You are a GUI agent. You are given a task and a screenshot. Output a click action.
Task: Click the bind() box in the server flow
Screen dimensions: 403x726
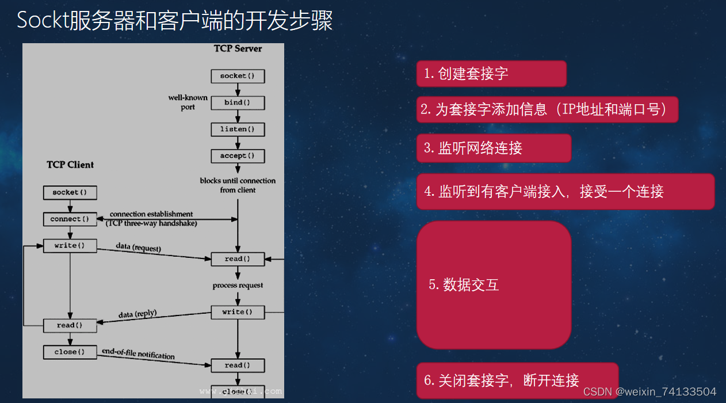(x=238, y=103)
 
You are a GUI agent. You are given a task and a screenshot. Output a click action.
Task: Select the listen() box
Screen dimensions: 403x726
(x=238, y=130)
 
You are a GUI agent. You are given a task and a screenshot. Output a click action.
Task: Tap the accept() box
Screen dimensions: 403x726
(x=238, y=156)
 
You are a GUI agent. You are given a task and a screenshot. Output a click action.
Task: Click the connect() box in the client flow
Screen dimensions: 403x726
(x=70, y=219)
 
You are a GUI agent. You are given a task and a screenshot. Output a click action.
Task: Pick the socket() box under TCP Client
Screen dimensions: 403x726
(x=70, y=192)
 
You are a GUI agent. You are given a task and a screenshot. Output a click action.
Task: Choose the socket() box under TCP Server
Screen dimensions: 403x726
(x=238, y=76)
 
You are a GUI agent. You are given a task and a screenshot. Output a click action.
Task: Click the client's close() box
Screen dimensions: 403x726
(x=70, y=352)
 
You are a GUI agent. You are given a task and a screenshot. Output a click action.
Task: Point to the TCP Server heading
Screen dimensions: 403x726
(x=238, y=49)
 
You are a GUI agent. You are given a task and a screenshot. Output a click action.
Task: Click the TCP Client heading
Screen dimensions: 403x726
(x=70, y=165)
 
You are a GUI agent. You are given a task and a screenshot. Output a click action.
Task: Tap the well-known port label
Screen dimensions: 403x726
(x=188, y=102)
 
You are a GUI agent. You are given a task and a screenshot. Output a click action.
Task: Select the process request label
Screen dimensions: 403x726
(x=238, y=286)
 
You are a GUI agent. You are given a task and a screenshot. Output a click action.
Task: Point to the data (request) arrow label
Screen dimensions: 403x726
(x=138, y=248)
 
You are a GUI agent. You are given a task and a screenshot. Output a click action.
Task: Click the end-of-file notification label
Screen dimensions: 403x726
(x=138, y=353)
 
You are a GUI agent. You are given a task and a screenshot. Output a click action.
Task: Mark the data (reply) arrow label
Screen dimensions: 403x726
(x=137, y=314)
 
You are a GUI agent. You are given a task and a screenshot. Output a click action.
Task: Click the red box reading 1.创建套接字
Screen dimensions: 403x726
(x=491, y=74)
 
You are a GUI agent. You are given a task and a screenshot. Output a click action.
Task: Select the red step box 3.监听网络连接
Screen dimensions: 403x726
(x=494, y=148)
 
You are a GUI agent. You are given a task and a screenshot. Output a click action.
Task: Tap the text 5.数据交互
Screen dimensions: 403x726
(x=464, y=284)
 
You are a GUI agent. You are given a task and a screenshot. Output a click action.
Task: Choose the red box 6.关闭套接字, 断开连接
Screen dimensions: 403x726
(x=517, y=381)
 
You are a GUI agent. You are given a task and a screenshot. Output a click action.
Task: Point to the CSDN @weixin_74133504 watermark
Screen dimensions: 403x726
(x=649, y=391)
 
